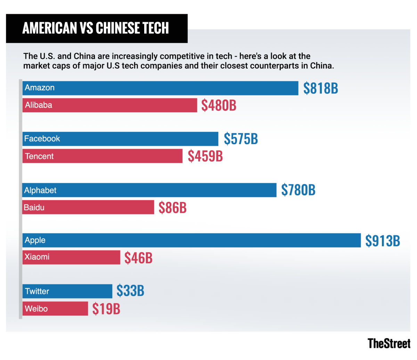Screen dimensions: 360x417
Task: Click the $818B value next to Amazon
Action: [x=320, y=88]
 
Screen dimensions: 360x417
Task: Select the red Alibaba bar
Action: [x=110, y=105]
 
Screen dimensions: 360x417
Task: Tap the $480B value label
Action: [x=219, y=105]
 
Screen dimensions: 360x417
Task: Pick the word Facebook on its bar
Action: [x=42, y=139]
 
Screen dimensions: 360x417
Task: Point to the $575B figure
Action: [x=241, y=139]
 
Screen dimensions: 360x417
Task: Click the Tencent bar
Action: [x=103, y=156]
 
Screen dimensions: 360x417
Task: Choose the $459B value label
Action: [x=205, y=156]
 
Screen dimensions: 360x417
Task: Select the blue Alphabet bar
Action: [x=149, y=190]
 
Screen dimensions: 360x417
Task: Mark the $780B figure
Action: [x=298, y=190]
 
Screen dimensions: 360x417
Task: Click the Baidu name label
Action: [x=34, y=207]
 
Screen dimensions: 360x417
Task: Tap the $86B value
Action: [x=172, y=207]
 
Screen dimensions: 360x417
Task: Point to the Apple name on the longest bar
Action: [x=35, y=240]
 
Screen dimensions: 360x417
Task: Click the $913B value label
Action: [x=383, y=240]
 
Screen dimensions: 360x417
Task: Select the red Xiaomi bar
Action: [x=71, y=257]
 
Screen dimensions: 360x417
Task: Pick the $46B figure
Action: [x=138, y=258]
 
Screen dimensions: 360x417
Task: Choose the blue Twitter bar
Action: [x=67, y=291]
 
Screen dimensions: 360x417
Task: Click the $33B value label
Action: [x=130, y=291]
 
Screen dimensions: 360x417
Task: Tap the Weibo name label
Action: [x=36, y=309]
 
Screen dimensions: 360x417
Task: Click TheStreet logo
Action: [x=389, y=343]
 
